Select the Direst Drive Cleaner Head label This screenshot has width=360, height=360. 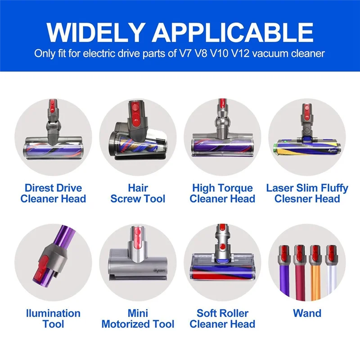click(x=53, y=193)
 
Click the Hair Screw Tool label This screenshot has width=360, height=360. click(x=138, y=193)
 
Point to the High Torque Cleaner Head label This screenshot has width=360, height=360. click(x=222, y=193)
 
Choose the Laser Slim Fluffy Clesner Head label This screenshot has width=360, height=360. click(x=307, y=193)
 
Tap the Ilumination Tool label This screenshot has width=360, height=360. click(x=53, y=318)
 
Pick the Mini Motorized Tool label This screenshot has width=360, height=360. click(x=138, y=318)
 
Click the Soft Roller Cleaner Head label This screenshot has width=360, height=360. click(x=222, y=318)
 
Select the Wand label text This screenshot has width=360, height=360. click(x=307, y=313)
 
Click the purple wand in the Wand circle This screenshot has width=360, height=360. click(x=284, y=279)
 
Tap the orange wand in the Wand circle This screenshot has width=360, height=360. click(x=315, y=279)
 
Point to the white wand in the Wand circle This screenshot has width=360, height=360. click(x=331, y=279)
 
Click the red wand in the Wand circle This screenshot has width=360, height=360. click(x=300, y=279)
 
